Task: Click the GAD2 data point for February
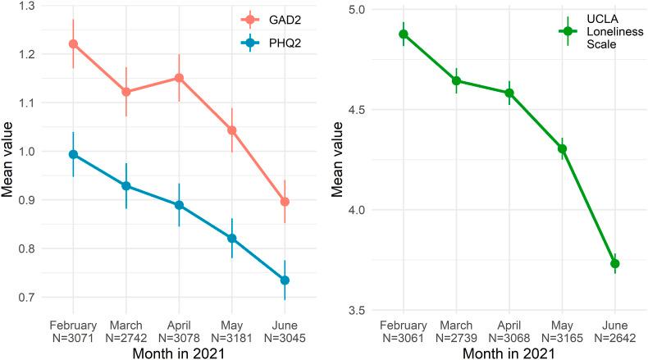coord(74,43)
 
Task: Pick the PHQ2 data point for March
coord(126,186)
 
